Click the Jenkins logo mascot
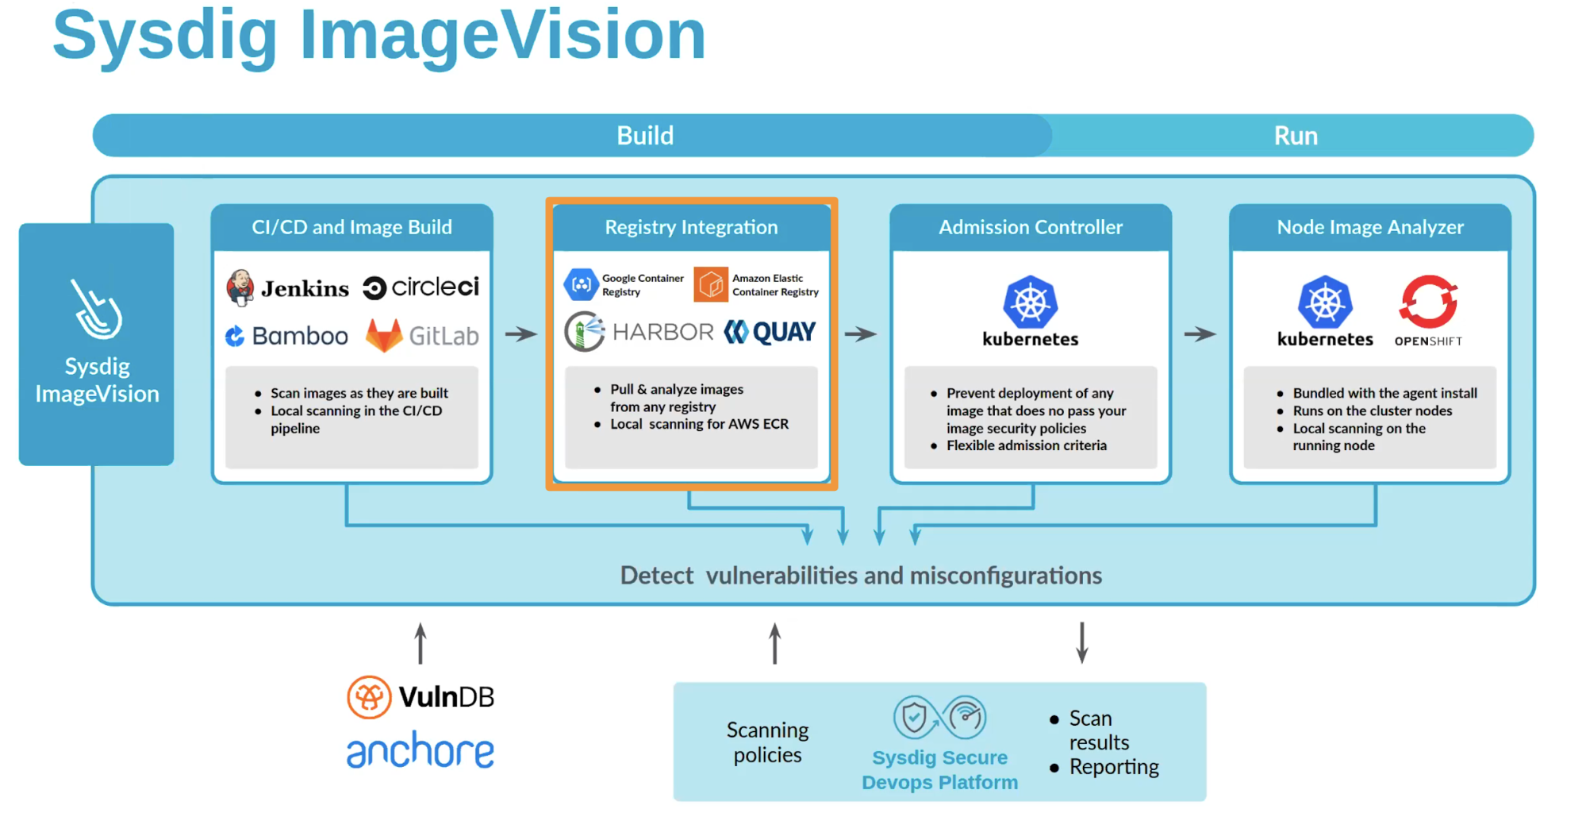240,287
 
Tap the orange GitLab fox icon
384,335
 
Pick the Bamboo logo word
300,336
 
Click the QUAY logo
770,332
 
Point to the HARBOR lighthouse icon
585,332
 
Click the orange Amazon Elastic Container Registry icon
710,284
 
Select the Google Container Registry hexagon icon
582,284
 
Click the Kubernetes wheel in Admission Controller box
1030,302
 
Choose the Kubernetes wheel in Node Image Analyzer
1325,302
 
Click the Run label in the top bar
1296,136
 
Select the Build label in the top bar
645,136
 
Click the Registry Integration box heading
691,227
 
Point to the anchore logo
421,750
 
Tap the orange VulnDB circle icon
369,697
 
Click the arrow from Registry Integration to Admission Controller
861,334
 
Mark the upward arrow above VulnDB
421,643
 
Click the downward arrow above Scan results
1081,642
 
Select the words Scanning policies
767,742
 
